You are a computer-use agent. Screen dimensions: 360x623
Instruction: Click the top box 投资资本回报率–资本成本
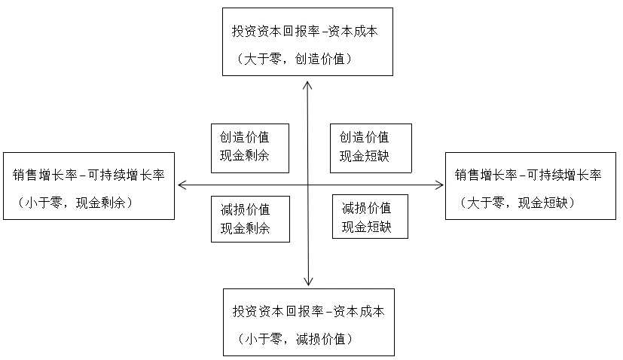[x=307, y=41]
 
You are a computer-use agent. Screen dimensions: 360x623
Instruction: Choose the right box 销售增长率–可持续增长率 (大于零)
[x=531, y=185]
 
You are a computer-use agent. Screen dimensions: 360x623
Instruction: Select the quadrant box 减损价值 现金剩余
[x=250, y=218]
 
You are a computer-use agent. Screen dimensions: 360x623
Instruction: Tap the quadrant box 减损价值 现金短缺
[x=370, y=216]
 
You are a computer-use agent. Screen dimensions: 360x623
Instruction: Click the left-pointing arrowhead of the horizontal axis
[x=181, y=185]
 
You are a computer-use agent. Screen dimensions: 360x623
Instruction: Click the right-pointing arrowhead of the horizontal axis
[x=439, y=185]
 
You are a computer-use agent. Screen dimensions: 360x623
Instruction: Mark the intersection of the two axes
[x=308, y=185]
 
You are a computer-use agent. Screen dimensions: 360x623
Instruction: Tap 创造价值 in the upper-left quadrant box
[x=244, y=137]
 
